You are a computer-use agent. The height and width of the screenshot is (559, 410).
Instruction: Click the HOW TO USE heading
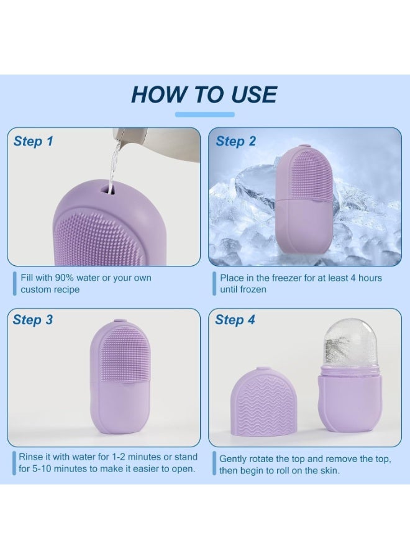204,94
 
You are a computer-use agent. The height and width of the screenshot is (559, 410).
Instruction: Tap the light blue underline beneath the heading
204,114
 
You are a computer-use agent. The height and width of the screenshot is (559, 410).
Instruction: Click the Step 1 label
33,141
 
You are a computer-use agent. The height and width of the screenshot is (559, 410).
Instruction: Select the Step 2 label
235,141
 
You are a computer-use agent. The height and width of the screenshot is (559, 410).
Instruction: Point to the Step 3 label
33,320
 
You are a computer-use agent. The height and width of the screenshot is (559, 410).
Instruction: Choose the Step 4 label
235,320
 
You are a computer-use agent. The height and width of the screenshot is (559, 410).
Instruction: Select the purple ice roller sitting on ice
304,201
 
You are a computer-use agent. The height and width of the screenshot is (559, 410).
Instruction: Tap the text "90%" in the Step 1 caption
64,278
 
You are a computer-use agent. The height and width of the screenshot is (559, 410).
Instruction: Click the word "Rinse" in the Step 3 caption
30,457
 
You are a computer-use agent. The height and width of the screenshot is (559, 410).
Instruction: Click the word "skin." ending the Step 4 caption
329,471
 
